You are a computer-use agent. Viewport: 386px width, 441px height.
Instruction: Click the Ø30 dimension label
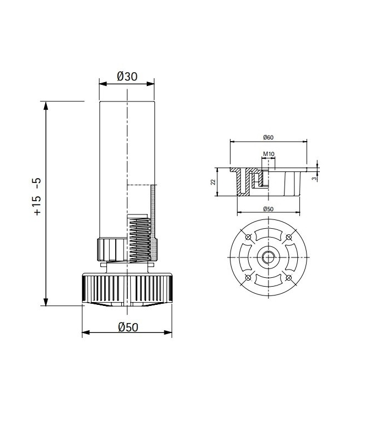[x=127, y=76]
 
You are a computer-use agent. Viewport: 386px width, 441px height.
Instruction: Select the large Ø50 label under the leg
[x=127, y=327]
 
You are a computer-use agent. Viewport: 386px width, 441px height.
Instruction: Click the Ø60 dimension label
[x=268, y=137]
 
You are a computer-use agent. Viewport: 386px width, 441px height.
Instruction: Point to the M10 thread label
[x=268, y=154]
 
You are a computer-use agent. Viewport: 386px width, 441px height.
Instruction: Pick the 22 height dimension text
[x=213, y=182]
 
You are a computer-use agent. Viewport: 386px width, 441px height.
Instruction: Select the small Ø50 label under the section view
[x=268, y=208]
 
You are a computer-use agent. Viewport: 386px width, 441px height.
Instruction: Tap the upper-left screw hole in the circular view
[x=248, y=238]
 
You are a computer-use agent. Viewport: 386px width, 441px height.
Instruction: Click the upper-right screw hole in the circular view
[x=288, y=238]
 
